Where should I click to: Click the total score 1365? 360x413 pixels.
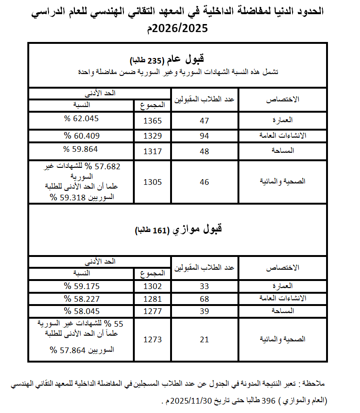click(152, 121)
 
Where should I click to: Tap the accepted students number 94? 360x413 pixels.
click(204, 136)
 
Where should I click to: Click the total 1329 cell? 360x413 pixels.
click(152, 136)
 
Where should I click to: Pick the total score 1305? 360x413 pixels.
click(152, 182)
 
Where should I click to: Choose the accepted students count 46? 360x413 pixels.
click(204, 182)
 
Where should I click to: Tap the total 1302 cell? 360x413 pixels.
click(152, 286)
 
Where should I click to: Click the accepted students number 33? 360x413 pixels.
click(204, 286)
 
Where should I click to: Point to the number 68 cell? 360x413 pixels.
click(204, 299)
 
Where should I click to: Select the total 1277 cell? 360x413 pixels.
click(152, 311)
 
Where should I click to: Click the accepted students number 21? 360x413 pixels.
click(204, 339)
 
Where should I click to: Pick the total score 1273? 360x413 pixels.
click(152, 339)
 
